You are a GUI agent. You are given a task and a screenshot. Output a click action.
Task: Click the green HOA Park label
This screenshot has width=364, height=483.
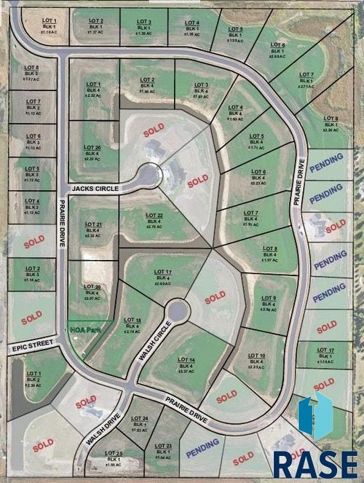click(x=82, y=329)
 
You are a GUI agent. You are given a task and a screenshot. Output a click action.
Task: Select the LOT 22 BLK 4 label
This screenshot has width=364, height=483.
click(x=154, y=221)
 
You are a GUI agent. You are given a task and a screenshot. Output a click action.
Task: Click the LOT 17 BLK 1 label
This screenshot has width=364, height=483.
click(x=326, y=356)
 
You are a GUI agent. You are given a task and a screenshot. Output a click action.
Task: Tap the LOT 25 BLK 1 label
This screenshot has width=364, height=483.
click(x=114, y=458)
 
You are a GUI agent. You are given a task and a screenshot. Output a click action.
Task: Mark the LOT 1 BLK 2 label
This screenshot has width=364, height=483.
click(x=33, y=379)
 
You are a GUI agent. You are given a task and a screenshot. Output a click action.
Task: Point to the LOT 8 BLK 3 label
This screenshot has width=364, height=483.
click(x=31, y=73)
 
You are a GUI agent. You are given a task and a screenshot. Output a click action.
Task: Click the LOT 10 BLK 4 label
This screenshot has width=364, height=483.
click(x=256, y=361)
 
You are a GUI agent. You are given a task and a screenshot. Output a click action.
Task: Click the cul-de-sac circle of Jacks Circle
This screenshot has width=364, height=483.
click(x=149, y=176)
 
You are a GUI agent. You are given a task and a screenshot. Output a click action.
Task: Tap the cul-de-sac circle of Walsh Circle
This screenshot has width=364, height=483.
click(x=176, y=313)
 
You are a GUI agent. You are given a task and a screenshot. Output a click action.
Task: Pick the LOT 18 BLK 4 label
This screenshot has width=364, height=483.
click(x=132, y=326)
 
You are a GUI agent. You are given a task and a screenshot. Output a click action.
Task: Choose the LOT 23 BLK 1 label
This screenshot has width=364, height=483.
click(x=163, y=450)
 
